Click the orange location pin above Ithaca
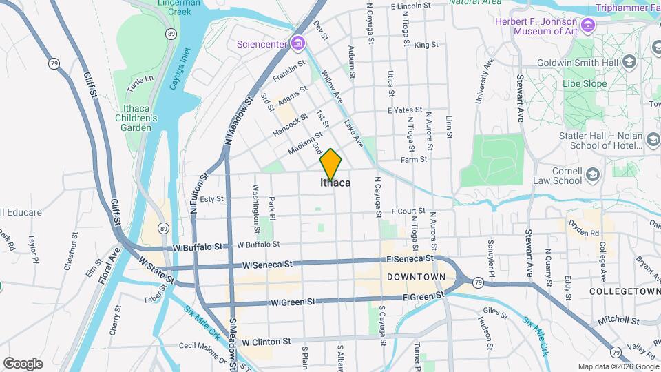coord(330,164)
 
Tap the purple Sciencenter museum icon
coord(297,43)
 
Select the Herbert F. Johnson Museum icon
coord(587,26)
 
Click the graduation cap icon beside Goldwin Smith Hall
coord(628,61)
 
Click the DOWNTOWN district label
coord(417,276)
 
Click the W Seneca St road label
coord(268,265)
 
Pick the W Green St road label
coord(293,302)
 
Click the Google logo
coord(23,363)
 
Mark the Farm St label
coord(414,159)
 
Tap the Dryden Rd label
coord(583,224)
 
